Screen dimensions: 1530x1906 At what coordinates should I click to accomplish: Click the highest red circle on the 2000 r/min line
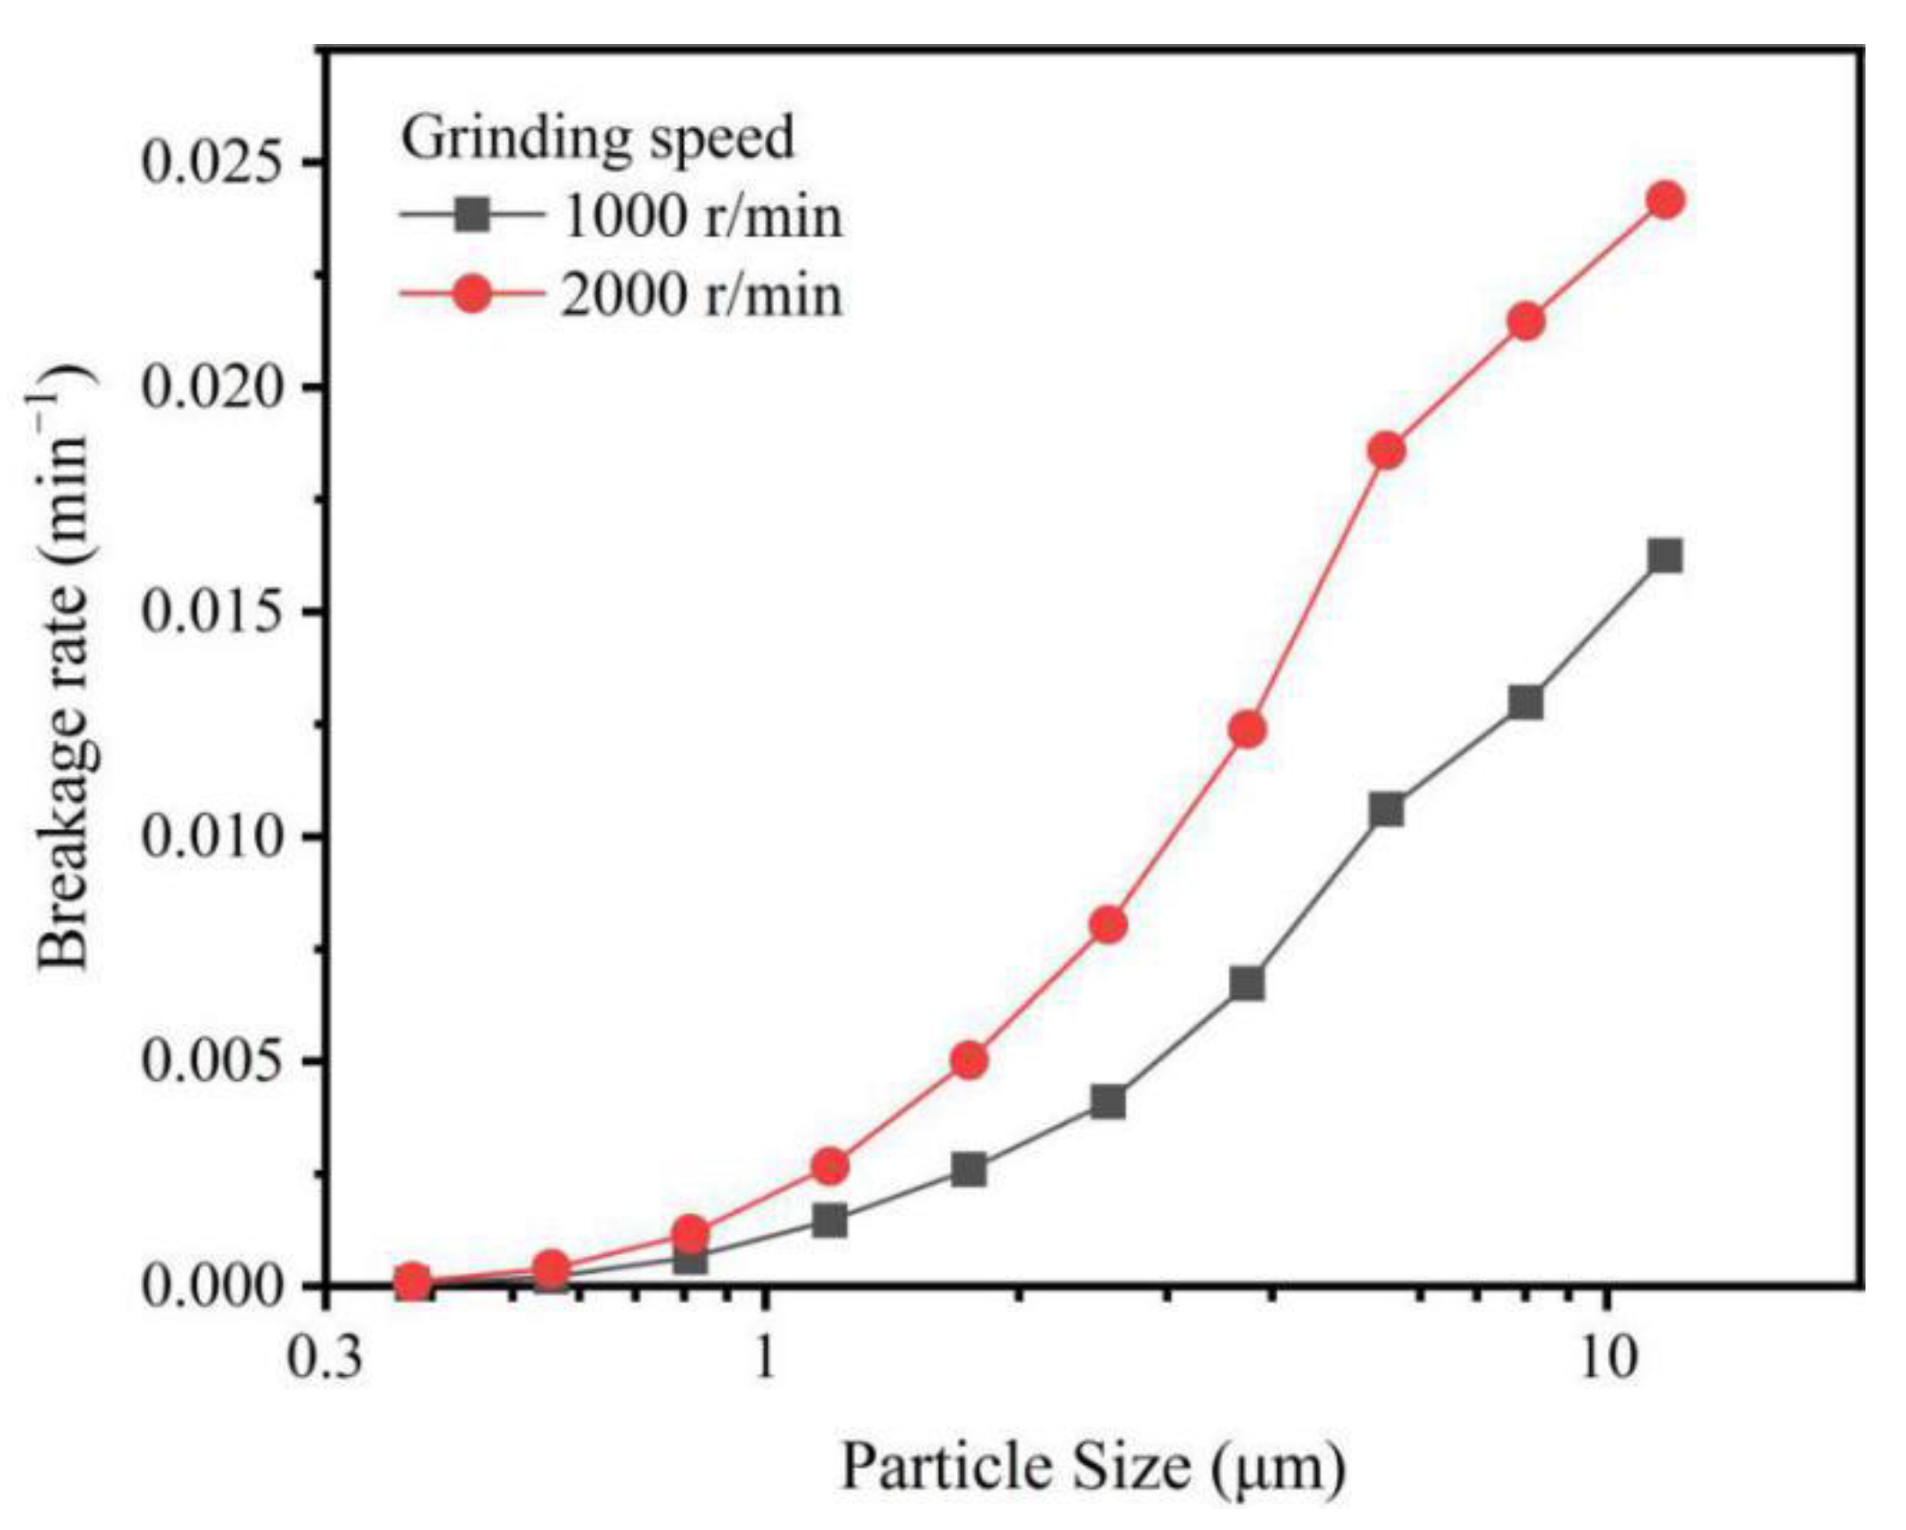tap(1666, 201)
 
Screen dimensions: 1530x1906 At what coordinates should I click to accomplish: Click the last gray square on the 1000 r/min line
tap(1666, 557)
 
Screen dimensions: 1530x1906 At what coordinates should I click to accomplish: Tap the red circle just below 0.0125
tap(1247, 729)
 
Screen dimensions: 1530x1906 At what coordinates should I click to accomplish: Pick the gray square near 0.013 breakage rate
tap(1526, 704)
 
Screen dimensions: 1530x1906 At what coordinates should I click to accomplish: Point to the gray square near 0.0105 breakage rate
tap(1387, 809)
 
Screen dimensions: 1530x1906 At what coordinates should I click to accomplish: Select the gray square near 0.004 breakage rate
tap(1108, 1103)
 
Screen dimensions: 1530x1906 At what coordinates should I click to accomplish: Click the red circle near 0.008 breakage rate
tap(1108, 925)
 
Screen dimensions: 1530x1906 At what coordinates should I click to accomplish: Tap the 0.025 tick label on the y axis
tap(220, 163)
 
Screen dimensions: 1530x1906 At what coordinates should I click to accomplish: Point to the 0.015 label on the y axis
tap(220, 612)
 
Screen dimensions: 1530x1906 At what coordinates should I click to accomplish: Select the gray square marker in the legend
tap(473, 215)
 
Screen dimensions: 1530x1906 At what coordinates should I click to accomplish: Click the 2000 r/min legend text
tap(701, 294)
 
